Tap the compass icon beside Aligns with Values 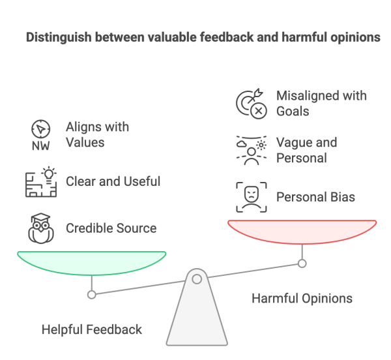coord(40,134)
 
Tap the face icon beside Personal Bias coord(251,196)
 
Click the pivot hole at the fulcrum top coord(195,278)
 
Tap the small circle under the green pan coord(92,295)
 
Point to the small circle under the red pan coord(302,263)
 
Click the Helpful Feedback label coord(91,330)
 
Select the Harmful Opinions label coord(302,299)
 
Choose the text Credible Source coord(111,229)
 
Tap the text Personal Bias coord(316,196)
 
